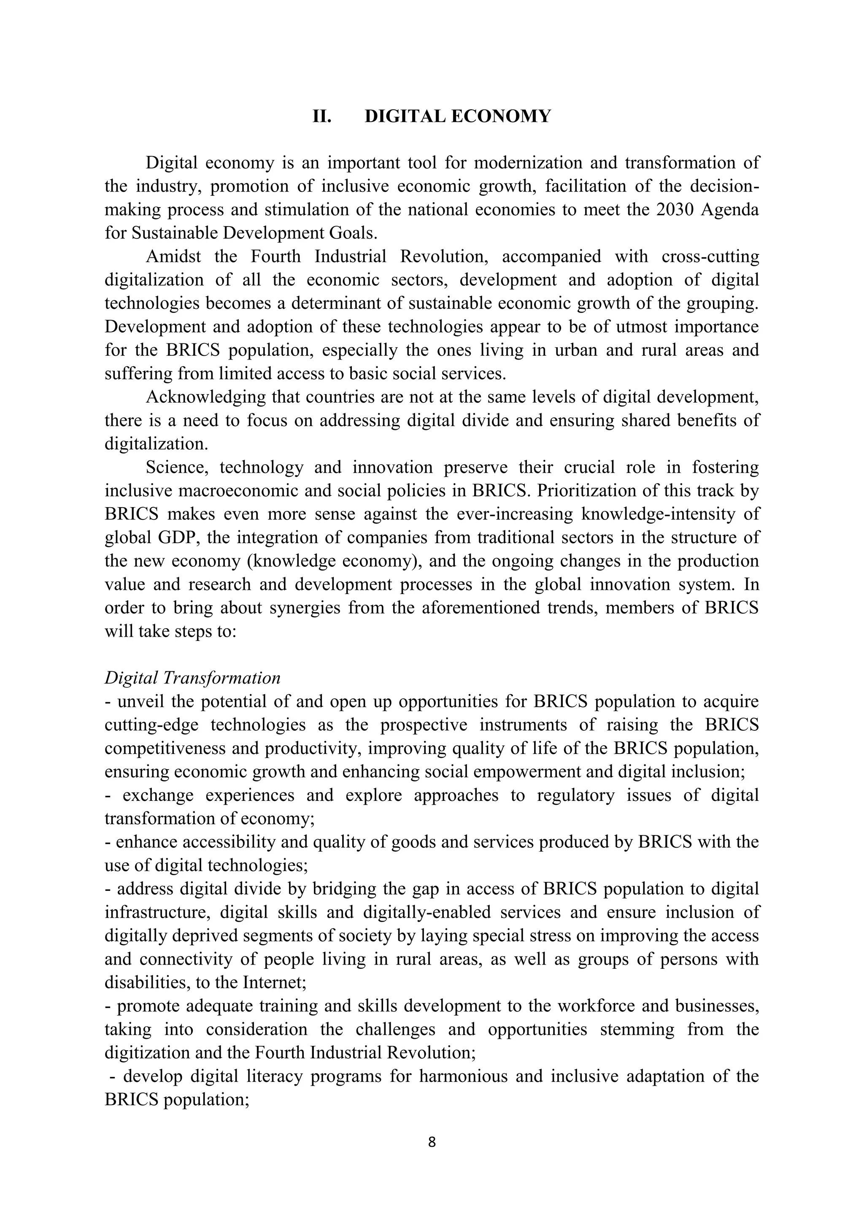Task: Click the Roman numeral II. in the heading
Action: [x=322, y=116]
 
